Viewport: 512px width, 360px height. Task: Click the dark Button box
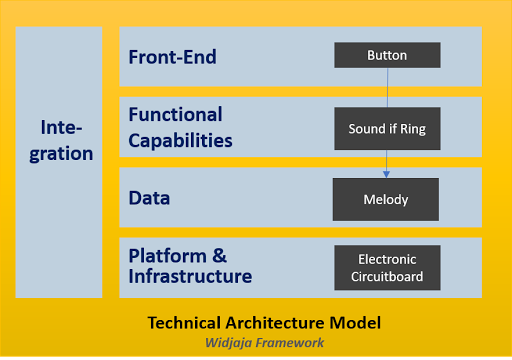coord(386,56)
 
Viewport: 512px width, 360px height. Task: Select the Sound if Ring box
coord(386,128)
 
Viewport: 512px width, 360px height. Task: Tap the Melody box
coord(386,199)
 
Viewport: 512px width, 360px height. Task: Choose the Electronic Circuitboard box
coord(386,268)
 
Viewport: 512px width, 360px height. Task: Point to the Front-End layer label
coord(173,56)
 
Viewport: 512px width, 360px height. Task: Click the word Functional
coord(175,115)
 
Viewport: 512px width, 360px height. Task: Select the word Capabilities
coord(181,140)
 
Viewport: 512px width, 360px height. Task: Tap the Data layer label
coord(149,198)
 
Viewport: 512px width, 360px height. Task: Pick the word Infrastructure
coord(190,277)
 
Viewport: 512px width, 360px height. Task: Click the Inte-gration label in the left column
coord(67,141)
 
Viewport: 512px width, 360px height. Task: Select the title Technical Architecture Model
coord(264,323)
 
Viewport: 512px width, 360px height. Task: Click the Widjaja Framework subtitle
coord(264,343)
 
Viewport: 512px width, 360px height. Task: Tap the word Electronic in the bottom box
coord(386,259)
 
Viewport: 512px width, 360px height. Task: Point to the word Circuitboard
coord(386,277)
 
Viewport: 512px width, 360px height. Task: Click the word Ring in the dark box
coord(415,128)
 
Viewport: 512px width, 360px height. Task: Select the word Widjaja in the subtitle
coord(231,343)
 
